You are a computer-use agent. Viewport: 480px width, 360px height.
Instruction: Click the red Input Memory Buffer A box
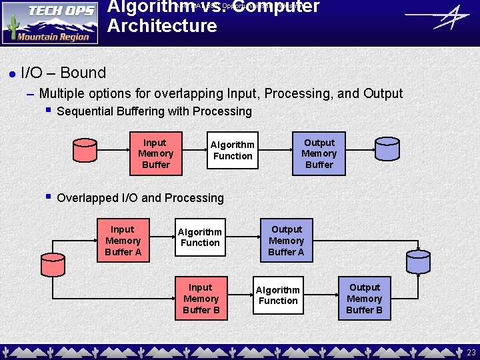click(x=123, y=241)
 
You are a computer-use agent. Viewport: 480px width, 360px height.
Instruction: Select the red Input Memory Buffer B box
click(x=201, y=299)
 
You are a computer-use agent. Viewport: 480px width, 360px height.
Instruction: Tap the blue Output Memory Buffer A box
click(x=287, y=241)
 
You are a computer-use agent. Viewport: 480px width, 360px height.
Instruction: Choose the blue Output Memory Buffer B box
click(x=364, y=299)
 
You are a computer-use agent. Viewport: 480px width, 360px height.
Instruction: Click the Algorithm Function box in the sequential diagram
click(x=232, y=150)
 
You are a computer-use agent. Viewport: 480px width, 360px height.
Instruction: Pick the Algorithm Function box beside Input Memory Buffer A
click(x=200, y=237)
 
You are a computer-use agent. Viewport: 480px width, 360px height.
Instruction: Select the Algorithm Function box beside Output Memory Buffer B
click(x=278, y=295)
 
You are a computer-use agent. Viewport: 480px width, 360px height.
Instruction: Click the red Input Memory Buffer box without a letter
click(x=155, y=153)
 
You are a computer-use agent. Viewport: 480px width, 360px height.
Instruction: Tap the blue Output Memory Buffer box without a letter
click(x=319, y=153)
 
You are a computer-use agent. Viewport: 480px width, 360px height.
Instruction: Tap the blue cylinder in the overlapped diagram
click(x=419, y=261)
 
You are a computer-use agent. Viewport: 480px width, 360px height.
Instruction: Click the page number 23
click(x=471, y=353)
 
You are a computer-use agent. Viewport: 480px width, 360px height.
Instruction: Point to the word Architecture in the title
click(x=162, y=26)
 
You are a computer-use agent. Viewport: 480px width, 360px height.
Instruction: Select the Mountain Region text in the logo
click(x=54, y=37)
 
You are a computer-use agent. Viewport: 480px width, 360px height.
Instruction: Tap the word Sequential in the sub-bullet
click(x=86, y=111)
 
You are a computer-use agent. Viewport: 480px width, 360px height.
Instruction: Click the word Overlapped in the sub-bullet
click(x=87, y=198)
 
